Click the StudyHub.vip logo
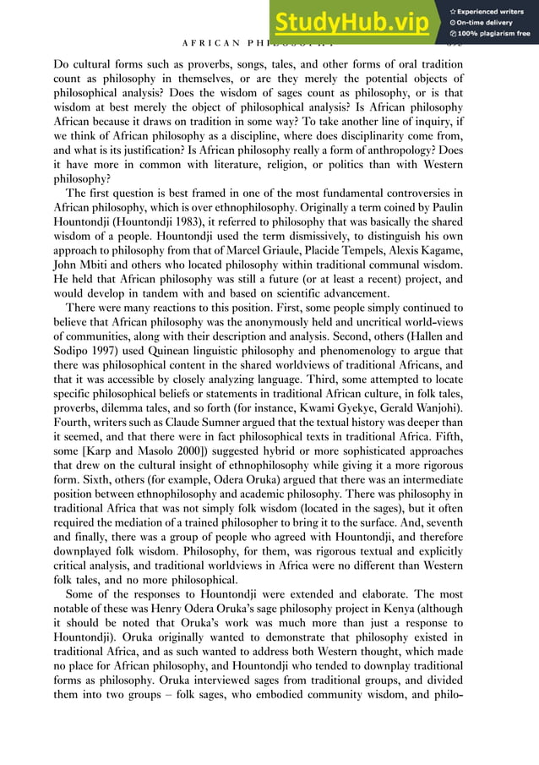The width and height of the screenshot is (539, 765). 356,22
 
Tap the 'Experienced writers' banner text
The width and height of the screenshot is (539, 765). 493,10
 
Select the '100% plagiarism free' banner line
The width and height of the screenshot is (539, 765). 493,35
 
